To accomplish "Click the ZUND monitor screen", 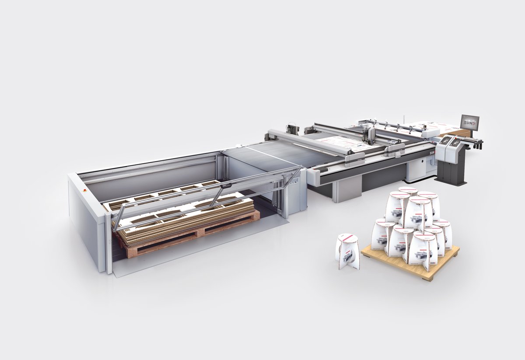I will coord(470,122).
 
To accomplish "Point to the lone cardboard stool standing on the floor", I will coord(348,251).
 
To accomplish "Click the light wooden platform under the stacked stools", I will coord(437,262).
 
